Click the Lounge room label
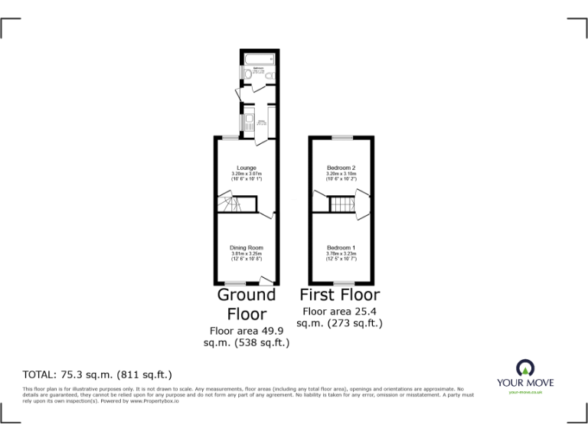point(247,168)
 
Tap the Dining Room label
point(247,247)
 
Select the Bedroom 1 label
point(341,247)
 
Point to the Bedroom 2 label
point(341,168)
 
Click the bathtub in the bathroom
point(255,59)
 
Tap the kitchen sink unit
point(249,121)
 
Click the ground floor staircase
point(230,204)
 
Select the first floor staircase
point(341,204)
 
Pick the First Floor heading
point(339,295)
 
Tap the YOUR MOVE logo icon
point(525,367)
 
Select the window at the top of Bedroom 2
point(341,137)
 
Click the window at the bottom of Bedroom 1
point(341,283)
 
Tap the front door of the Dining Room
point(264,282)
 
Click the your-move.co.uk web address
point(525,392)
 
